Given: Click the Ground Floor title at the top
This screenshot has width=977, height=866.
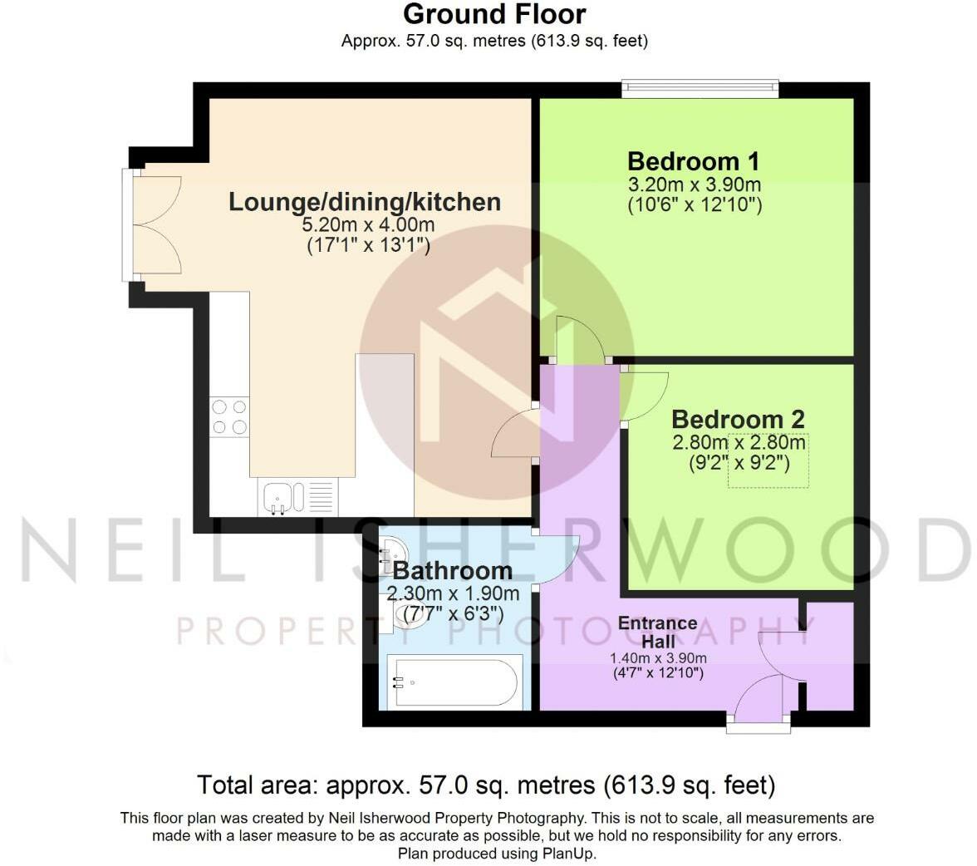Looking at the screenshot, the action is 494,14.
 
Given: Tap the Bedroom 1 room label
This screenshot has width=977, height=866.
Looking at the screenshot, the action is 694,161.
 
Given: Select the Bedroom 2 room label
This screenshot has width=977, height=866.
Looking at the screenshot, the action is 738,419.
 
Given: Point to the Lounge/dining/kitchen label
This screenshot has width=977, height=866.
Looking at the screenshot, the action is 366,202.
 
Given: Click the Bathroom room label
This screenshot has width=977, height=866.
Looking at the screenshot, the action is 453,570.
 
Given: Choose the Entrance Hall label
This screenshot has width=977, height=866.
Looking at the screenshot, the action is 658,632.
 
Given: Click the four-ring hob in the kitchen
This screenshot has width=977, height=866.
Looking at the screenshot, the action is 230,417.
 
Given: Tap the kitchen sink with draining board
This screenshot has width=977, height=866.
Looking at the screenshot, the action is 297,498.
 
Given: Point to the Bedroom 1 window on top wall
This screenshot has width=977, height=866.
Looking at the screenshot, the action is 700,89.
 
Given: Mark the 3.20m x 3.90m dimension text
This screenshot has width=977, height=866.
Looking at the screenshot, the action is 695,185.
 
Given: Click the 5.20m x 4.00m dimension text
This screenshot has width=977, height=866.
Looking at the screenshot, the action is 369,224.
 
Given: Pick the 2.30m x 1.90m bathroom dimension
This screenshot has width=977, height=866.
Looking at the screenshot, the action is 453,593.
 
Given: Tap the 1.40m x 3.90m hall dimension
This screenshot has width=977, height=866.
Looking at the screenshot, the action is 658,657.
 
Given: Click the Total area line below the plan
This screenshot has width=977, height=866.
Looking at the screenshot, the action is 486,785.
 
